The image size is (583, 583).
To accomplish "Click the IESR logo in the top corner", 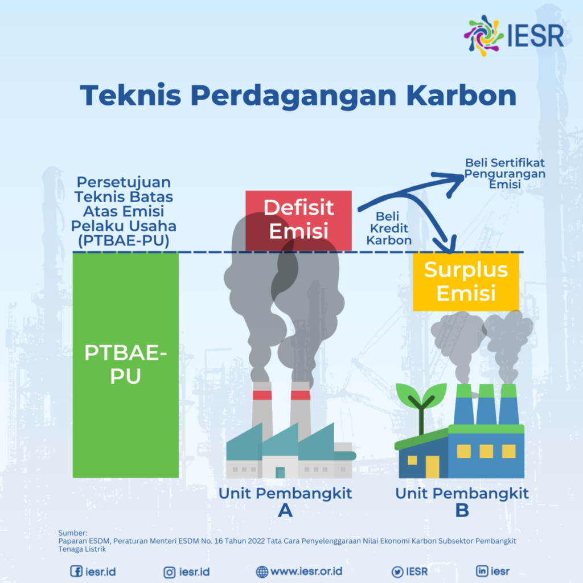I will [x=514, y=34].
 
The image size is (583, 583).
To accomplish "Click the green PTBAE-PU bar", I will [x=125, y=364].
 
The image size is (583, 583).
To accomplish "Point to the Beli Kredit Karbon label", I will [x=389, y=228].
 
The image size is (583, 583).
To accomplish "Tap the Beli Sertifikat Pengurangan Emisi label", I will [x=504, y=174].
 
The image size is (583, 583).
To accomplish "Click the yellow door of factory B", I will [x=433, y=466].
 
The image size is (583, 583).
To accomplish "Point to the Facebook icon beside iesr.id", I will [x=76, y=571].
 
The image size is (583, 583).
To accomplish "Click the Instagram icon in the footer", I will [x=169, y=571].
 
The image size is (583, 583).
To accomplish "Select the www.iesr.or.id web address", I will [x=306, y=571].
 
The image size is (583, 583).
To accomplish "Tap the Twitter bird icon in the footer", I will [x=397, y=571].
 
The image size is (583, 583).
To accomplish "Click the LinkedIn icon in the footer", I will [x=482, y=570].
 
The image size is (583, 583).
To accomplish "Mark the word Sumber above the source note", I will [x=72, y=533].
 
